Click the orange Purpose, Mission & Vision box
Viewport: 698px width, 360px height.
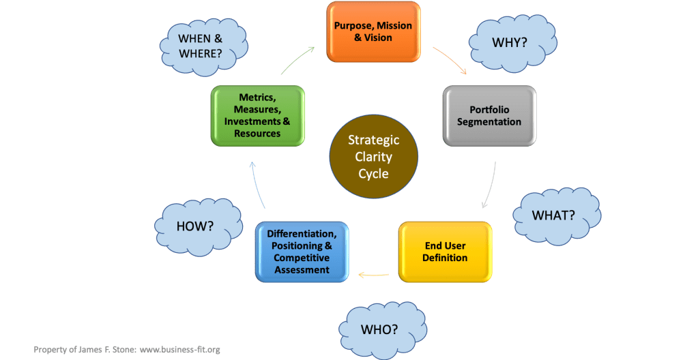coord(373,32)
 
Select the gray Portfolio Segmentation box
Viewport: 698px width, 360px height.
coord(489,115)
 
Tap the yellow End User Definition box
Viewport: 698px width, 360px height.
coord(445,252)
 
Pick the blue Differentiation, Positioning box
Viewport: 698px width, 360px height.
coord(302,252)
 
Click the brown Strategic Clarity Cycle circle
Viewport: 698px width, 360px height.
coord(373,157)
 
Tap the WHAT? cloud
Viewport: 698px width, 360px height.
coord(553,215)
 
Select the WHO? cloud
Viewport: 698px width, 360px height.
coord(379,329)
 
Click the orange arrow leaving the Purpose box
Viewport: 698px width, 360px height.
coord(450,60)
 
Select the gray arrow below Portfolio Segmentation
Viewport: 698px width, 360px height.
coord(490,184)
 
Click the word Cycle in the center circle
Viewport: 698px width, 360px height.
coord(373,173)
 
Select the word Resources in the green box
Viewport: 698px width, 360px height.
coord(257,134)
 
